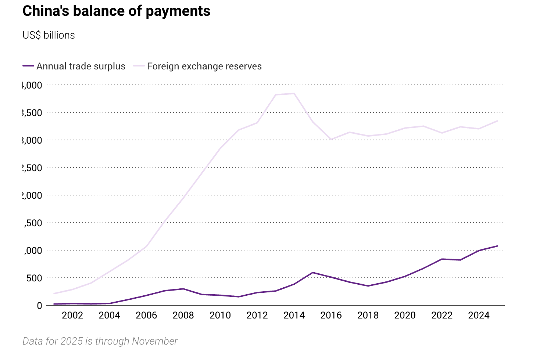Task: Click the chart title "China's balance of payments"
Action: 116,11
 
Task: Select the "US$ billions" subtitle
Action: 49,35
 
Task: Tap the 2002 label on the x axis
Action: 72,315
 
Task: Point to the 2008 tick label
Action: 183,315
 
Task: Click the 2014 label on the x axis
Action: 294,315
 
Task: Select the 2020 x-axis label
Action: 405,315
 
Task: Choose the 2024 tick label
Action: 479,315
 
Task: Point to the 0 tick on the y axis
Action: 39,306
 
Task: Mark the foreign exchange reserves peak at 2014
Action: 294,94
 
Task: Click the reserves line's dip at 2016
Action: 331,140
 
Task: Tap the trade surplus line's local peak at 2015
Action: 312,273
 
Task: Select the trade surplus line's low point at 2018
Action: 368,286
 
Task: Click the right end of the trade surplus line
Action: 497,246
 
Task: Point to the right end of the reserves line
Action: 497,121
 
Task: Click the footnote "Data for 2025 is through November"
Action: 100,341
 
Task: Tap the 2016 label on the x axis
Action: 331,315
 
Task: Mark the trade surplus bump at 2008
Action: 183,289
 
